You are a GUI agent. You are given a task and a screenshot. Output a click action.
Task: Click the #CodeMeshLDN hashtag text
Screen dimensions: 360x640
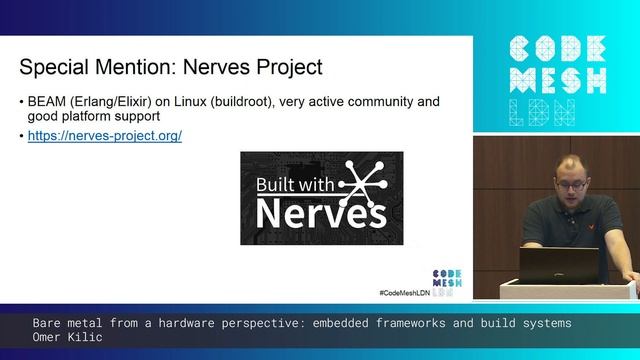403,292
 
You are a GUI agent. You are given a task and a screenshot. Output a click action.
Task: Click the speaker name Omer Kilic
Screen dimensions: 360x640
67,338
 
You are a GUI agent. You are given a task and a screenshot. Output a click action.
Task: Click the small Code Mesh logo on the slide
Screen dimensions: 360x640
446,277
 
